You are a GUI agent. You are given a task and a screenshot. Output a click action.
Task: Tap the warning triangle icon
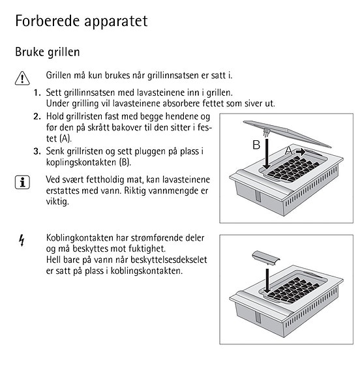pos(22,78)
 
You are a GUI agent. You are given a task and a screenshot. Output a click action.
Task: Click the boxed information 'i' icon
pos(22,183)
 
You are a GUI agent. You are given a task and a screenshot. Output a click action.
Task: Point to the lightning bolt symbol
pos(21,242)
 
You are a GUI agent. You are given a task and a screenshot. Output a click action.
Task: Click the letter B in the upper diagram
pos(257,144)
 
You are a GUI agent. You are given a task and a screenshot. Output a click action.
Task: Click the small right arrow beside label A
pos(300,150)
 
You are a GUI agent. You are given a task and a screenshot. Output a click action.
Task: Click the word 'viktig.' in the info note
pos(58,202)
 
